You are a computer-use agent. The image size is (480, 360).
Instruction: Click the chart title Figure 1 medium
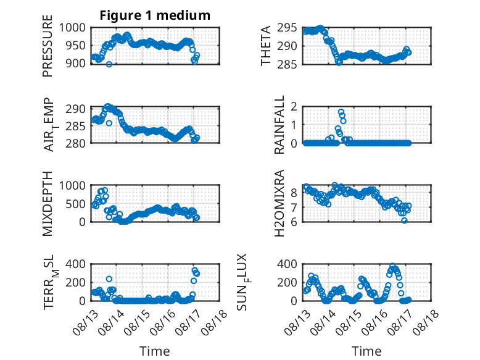(x=155, y=15)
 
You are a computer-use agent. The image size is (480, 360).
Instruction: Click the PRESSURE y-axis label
(x=48, y=46)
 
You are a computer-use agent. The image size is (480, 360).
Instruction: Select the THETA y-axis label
(x=266, y=46)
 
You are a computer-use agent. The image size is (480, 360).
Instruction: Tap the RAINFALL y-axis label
(x=279, y=125)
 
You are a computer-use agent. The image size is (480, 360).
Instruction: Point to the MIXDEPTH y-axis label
(x=48, y=204)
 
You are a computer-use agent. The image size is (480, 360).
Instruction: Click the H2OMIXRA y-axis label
(x=279, y=203)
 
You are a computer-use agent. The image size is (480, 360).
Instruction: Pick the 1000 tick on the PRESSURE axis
(x=72, y=28)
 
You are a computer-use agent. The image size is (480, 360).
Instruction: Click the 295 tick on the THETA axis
(x=287, y=28)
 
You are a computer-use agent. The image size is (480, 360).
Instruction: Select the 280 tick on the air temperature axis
(x=76, y=143)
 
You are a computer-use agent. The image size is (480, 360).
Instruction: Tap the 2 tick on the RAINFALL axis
(x=294, y=107)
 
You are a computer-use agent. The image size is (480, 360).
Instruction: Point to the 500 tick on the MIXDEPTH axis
(x=76, y=204)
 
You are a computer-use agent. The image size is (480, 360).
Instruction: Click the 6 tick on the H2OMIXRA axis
(x=294, y=222)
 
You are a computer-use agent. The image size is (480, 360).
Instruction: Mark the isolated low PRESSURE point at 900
(x=109, y=64)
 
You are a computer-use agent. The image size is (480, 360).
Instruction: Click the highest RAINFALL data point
(x=341, y=112)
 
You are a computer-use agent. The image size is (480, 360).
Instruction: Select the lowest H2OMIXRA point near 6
(x=404, y=220)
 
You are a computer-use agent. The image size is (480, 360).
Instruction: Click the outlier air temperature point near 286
(x=109, y=123)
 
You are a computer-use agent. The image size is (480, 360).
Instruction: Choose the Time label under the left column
(x=155, y=351)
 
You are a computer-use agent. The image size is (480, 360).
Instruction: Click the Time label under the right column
(x=366, y=351)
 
